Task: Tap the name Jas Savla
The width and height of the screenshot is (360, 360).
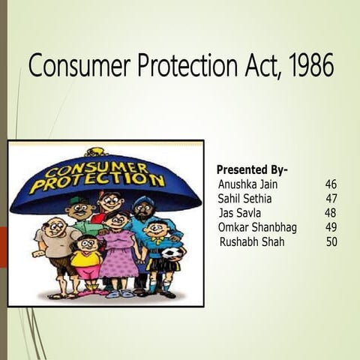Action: [238, 213]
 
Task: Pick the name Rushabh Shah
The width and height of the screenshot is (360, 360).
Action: [252, 242]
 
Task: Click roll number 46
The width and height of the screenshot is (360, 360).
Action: [331, 184]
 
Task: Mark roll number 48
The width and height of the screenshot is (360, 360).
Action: [331, 213]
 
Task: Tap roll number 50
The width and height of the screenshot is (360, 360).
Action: [331, 242]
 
